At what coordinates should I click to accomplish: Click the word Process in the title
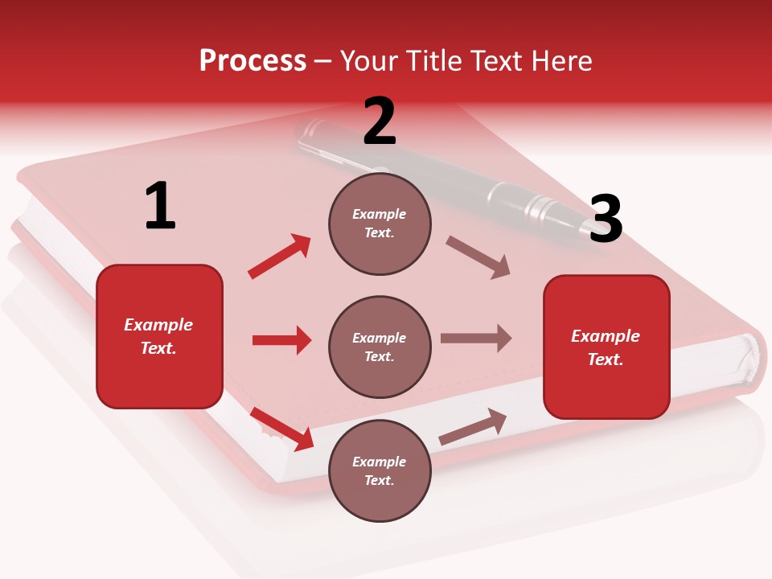pos(253,61)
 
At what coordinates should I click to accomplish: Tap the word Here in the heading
pos(558,61)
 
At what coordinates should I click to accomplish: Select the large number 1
pos(160,207)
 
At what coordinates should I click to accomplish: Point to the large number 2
pos(380,121)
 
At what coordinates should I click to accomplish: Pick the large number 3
pos(606,220)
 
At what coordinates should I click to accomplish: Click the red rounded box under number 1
pos(159,336)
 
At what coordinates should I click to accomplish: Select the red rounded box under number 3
pos(606,347)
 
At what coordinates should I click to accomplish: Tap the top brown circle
pos(380,224)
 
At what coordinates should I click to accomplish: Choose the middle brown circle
pos(380,347)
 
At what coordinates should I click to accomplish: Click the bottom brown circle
pos(380,470)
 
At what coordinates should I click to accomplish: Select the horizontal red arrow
pos(281,340)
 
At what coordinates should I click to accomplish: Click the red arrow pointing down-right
pos(282,429)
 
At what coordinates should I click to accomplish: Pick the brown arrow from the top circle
pos(478,257)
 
